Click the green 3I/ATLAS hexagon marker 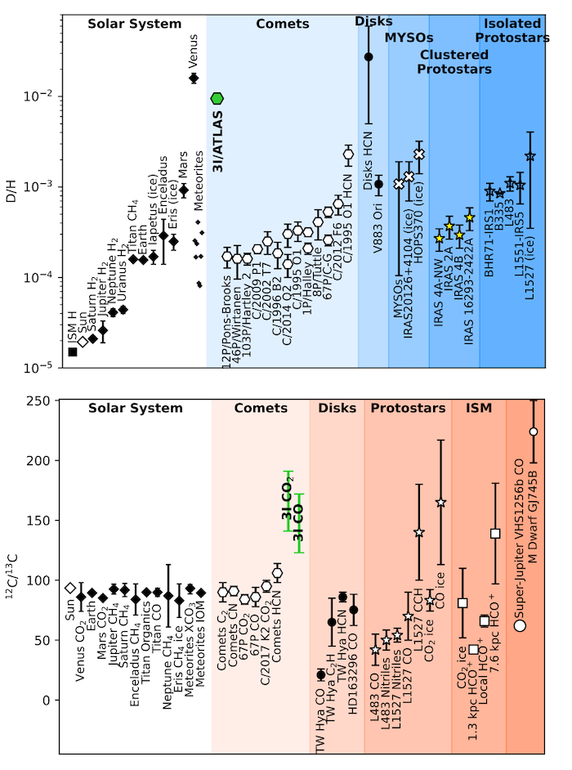[216, 98]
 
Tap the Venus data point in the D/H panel [194, 78]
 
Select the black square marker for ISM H [73, 351]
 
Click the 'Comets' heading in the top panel [282, 24]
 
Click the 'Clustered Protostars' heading [456, 61]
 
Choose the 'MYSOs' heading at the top [409, 38]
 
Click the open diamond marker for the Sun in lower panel [70, 588]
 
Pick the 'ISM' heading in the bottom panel [479, 408]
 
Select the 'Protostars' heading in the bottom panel [406, 408]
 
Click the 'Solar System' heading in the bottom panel [136, 408]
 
